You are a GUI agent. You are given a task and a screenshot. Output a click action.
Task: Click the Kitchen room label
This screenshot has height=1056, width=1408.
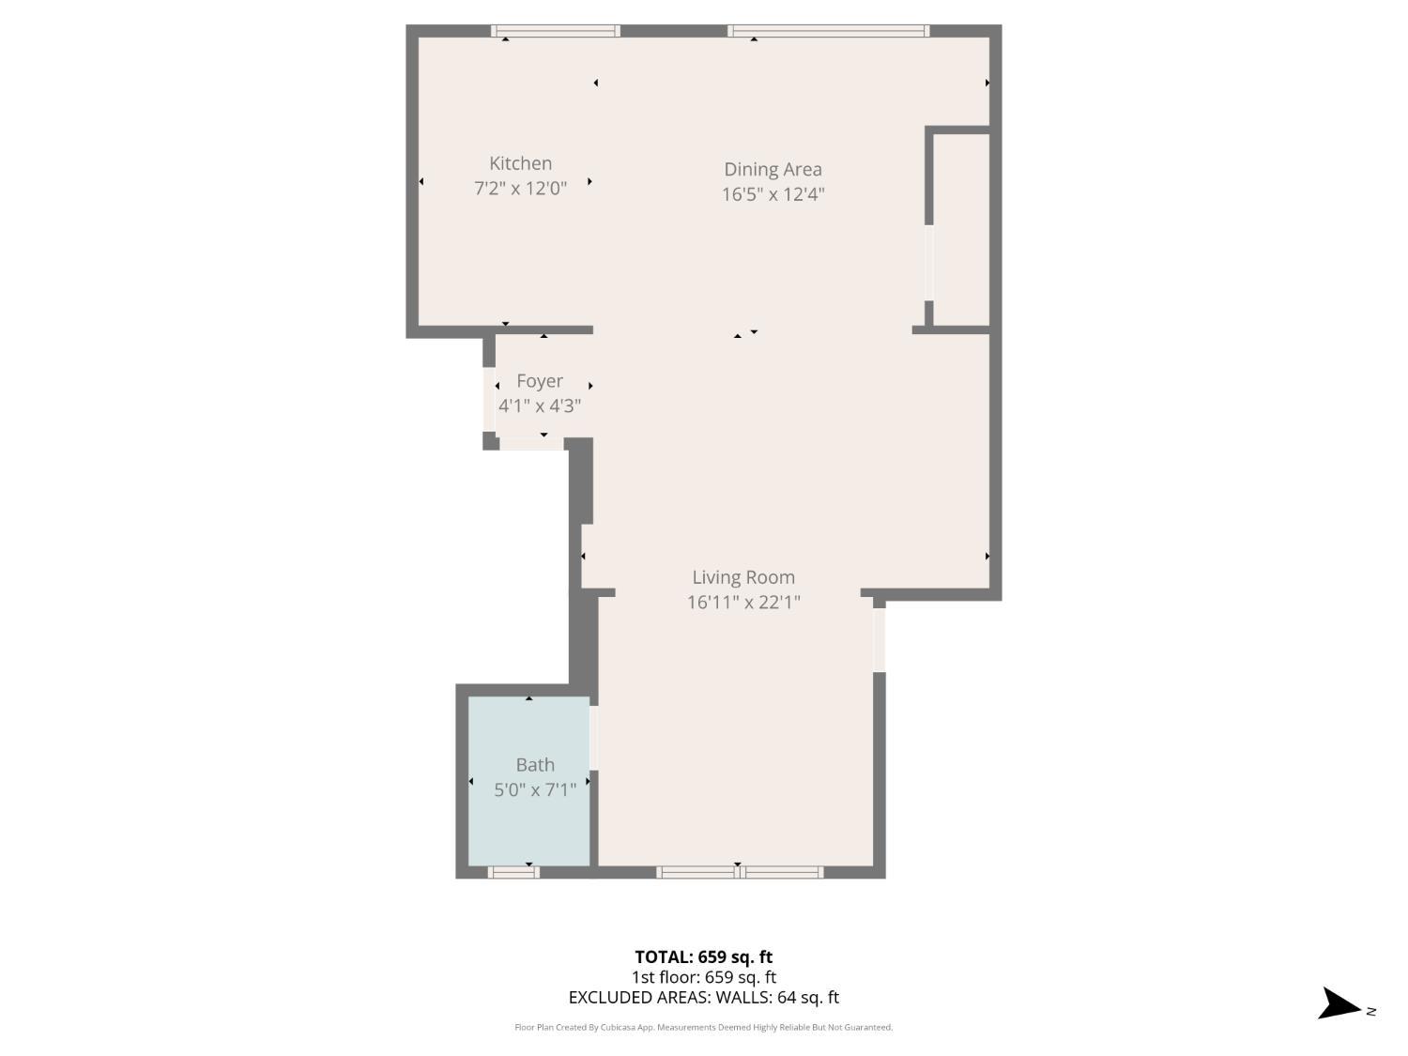pyautogui.click(x=520, y=163)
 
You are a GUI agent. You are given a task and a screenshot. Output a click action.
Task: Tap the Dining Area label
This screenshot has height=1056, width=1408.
pyautogui.click(x=773, y=169)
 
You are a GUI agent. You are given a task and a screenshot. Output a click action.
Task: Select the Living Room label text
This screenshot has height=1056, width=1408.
pyautogui.click(x=743, y=577)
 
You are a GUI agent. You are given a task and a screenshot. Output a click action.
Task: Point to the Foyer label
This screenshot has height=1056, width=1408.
pyautogui.click(x=540, y=380)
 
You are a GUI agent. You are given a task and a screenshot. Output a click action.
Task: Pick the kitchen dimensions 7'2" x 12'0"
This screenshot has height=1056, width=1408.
pyautogui.click(x=520, y=188)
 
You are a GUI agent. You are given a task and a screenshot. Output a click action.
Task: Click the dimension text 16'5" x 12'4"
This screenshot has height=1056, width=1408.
pyautogui.click(x=773, y=194)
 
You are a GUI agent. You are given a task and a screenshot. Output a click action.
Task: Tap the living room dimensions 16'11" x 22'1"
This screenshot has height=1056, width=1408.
pyautogui.click(x=743, y=602)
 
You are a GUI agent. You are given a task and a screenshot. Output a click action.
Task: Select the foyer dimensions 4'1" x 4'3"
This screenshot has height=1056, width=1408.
pyautogui.click(x=540, y=406)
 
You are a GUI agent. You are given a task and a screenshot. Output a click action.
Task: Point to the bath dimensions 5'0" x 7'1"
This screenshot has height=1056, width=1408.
pyautogui.click(x=535, y=789)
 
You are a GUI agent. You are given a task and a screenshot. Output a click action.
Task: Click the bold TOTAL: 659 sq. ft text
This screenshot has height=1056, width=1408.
pyautogui.click(x=703, y=957)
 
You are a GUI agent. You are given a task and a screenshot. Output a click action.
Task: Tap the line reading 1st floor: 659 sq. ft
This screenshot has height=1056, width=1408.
pyautogui.click(x=703, y=977)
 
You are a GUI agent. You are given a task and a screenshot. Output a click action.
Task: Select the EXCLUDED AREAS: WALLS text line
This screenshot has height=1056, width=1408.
pyautogui.click(x=703, y=998)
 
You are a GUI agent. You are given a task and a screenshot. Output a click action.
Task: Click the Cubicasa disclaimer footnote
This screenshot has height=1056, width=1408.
pyautogui.click(x=703, y=1027)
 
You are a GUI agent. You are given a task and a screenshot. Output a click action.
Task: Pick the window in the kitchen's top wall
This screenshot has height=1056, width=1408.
pyautogui.click(x=555, y=31)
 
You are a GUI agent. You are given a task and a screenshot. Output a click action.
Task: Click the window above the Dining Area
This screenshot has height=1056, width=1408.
pyautogui.click(x=828, y=31)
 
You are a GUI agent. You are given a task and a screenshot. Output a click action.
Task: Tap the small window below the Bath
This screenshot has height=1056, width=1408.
pyautogui.click(x=513, y=872)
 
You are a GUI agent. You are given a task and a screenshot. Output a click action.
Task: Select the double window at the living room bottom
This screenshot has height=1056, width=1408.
pyautogui.click(x=740, y=872)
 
